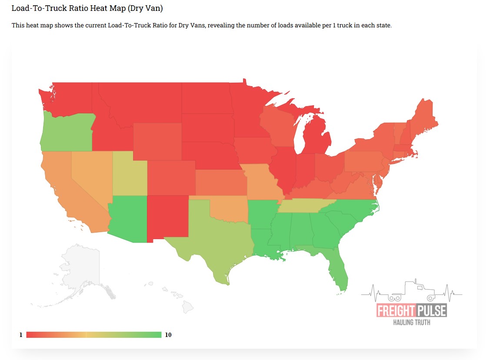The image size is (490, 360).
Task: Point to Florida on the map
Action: pos(337,272)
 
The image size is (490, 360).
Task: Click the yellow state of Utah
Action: pos(130,173)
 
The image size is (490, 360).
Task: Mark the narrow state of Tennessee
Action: pos(304,206)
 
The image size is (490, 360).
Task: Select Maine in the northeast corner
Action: pos(422,117)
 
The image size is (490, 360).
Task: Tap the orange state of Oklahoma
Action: pos(226,209)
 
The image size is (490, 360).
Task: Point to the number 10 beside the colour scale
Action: pos(169,335)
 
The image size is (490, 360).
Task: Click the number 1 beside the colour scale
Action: pos(20,335)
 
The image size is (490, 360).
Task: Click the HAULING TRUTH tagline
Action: pos(412,322)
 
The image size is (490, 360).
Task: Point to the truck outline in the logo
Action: pos(412,292)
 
